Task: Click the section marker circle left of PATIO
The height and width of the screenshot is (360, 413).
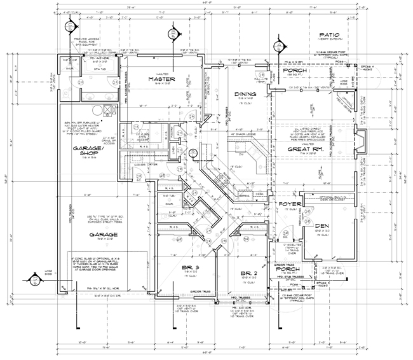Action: click(277, 46)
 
